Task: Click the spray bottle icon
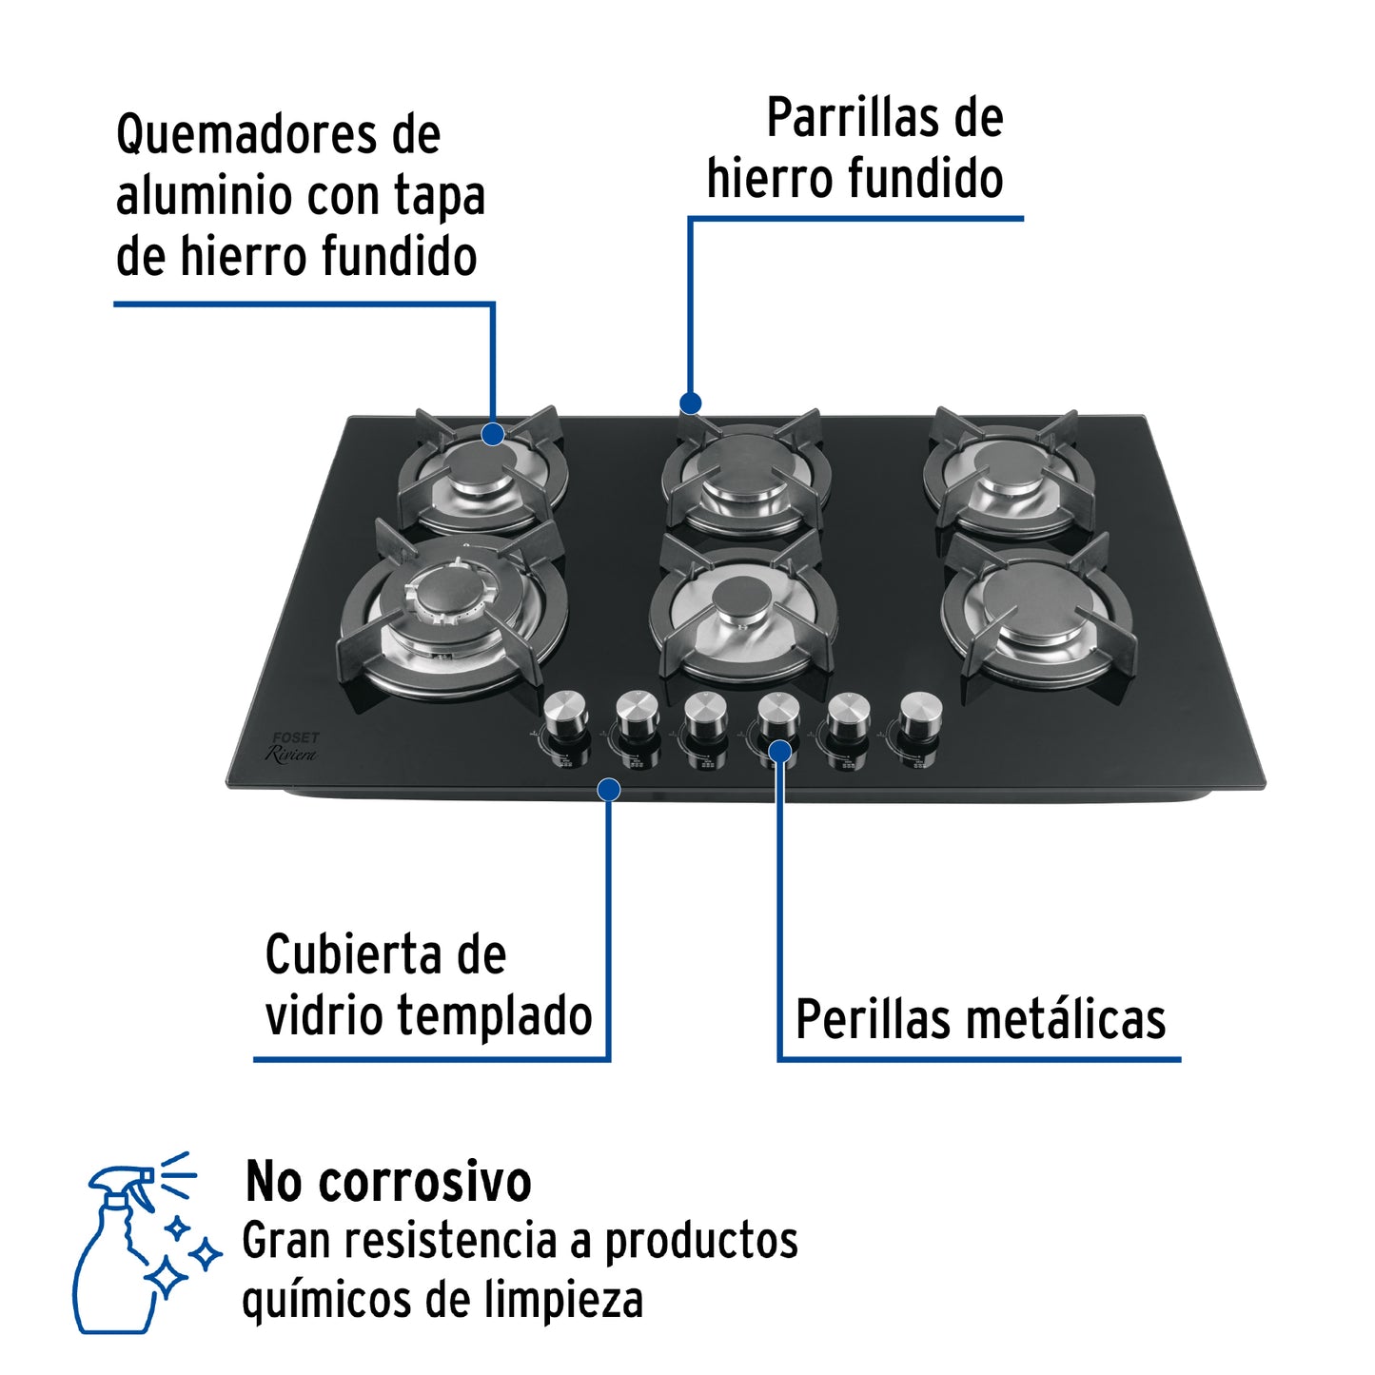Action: coord(143,1242)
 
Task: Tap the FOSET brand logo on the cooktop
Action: coord(296,737)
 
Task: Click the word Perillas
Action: coord(874,1020)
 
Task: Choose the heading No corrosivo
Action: coord(388,1182)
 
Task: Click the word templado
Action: coord(495,1015)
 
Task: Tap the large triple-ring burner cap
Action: coord(439,597)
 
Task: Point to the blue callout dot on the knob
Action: coord(780,752)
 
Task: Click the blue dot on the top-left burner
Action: coord(492,434)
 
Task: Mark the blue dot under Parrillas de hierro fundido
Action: coord(691,403)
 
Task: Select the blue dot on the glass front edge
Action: coord(609,789)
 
